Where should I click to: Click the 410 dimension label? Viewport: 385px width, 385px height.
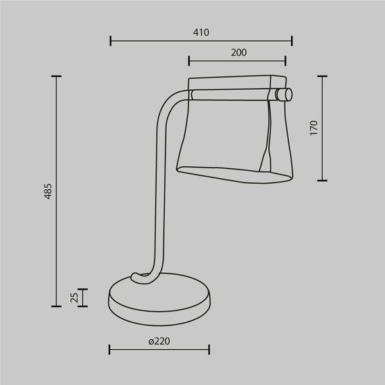tap(201, 32)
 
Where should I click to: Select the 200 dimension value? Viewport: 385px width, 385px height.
tap(238, 53)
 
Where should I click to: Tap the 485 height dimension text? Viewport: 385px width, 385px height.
tap(47, 191)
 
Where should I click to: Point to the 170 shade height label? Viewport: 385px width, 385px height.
tap(313, 128)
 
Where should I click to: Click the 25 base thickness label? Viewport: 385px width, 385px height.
tap(75, 297)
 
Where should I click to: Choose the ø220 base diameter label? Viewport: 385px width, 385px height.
tap(159, 341)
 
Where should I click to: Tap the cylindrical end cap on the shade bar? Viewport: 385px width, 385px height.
tap(285, 94)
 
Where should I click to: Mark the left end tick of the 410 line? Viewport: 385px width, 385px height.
tap(110, 41)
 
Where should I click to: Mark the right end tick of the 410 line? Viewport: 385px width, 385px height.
tap(292, 41)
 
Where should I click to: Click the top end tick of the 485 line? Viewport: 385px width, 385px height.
tap(57, 77)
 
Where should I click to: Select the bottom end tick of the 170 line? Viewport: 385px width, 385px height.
tap(323, 181)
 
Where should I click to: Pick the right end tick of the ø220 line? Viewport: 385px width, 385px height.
tap(209, 349)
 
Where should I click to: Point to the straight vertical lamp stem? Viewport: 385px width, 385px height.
tap(160, 203)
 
